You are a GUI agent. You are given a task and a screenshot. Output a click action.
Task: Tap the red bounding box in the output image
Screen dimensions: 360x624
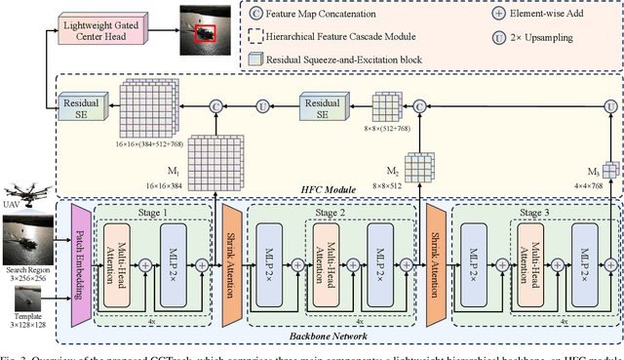point(206,33)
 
